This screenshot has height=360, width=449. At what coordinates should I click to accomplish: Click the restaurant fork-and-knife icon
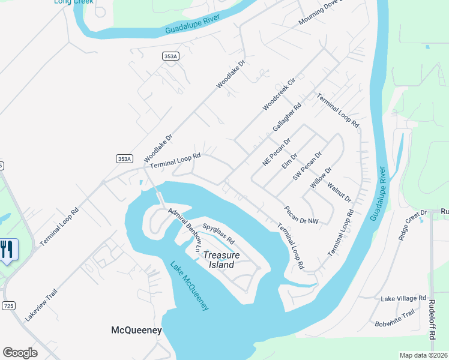(x=7, y=248)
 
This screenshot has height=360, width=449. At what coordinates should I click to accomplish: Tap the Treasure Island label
(x=221, y=260)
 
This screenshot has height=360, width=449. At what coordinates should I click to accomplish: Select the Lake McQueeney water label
(x=188, y=286)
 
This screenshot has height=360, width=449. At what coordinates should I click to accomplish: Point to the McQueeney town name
(x=136, y=330)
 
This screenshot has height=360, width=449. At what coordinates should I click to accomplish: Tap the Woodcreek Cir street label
(x=279, y=94)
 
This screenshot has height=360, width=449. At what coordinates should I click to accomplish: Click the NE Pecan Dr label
(x=276, y=151)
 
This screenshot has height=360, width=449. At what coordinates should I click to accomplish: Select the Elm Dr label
(x=290, y=160)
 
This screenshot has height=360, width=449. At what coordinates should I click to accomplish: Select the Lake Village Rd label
(x=403, y=298)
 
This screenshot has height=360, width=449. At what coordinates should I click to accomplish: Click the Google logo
(x=20, y=353)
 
